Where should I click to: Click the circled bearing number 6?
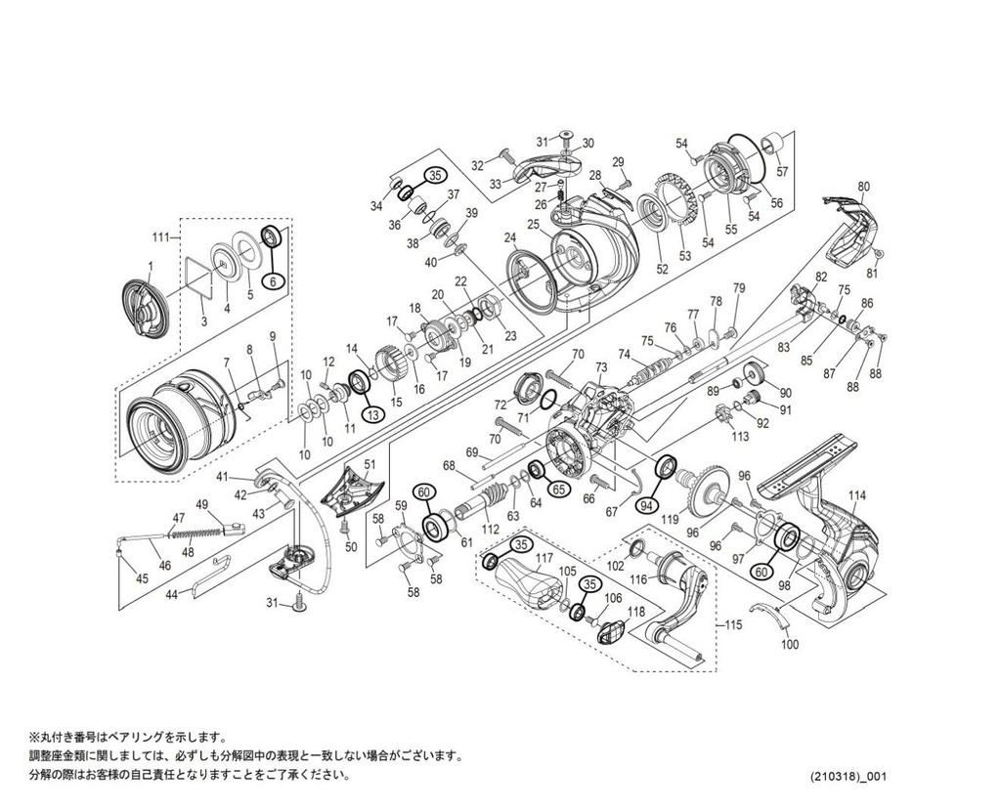coord(275,280)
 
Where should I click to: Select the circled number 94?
coord(645,505)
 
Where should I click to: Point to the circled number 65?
coord(558,489)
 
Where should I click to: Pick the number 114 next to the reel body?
coord(856,495)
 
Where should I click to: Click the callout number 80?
coord(862,187)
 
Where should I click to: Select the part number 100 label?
coord(791,646)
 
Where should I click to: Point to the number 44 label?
coord(171,594)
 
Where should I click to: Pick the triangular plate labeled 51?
coord(349,486)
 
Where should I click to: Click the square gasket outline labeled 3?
coord(199,277)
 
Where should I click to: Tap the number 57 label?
coord(781,171)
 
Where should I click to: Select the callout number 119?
coord(669,520)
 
